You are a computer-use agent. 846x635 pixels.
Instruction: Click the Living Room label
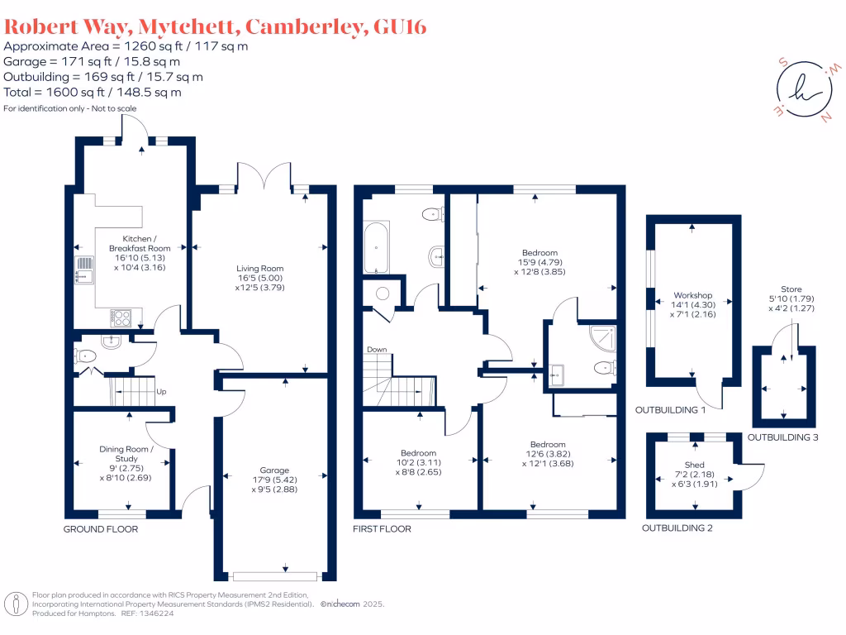coord(259,269)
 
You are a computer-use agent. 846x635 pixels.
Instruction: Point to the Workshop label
coord(692,295)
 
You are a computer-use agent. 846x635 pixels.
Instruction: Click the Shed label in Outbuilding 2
coord(695,466)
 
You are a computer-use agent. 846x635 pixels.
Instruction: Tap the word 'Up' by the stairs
coord(161,392)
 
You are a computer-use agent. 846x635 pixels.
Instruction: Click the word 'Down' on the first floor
coord(377,350)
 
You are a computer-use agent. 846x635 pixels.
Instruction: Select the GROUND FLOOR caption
coord(101,529)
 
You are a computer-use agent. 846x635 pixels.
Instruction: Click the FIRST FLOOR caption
coord(383,529)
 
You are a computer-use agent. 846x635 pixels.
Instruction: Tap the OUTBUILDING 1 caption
coord(670,410)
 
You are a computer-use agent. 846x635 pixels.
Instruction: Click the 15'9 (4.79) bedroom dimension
coord(539,262)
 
